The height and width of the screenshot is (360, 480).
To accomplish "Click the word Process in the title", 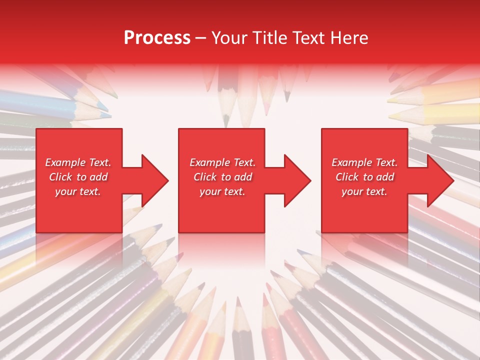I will point(157,38).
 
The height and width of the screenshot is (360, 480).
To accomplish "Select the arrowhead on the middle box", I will point(296,180).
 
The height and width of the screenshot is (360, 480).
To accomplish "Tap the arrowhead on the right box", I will point(439,180).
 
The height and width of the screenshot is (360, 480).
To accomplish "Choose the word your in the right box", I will point(353,191).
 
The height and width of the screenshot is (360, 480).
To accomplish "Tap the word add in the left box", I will point(98,177).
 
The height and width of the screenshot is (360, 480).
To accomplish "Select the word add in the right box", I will point(385,177).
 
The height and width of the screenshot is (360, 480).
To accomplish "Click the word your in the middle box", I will point(211,191).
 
